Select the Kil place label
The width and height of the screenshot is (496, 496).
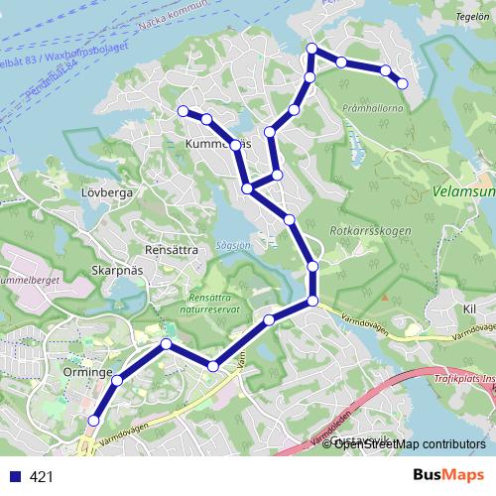(470, 310)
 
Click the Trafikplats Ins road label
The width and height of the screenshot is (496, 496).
(463, 378)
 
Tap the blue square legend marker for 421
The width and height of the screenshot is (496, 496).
(15, 477)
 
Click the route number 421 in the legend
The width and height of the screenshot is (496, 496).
(42, 477)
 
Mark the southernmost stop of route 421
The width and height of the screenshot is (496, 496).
(93, 421)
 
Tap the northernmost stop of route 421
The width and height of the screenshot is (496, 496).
(311, 49)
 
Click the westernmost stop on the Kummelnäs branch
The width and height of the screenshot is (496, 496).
(183, 110)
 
